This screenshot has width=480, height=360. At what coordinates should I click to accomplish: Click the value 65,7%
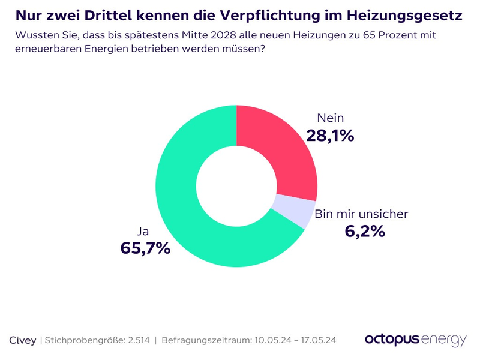tap(145, 247)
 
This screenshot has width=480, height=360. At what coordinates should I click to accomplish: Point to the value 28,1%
tap(330, 136)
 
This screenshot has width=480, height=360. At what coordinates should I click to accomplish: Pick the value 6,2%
tap(364, 231)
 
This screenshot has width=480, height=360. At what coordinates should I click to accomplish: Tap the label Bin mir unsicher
tap(361, 214)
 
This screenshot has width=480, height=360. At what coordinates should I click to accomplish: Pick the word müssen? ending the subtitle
tap(242, 49)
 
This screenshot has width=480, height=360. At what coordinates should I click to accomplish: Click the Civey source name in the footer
tap(23, 340)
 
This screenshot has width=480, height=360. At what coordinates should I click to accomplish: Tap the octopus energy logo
tap(415, 340)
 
